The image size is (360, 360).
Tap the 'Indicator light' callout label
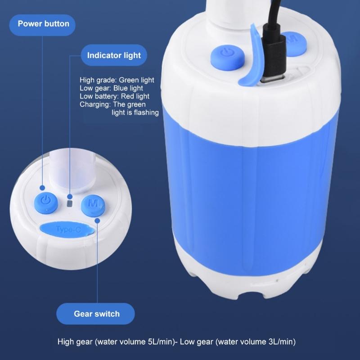[x=114, y=55]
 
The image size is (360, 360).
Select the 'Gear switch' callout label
[x=97, y=313]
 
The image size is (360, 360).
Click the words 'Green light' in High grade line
[x=136, y=80]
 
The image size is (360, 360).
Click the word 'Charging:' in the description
[x=94, y=104]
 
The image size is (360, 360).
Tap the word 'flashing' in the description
[x=145, y=112]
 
